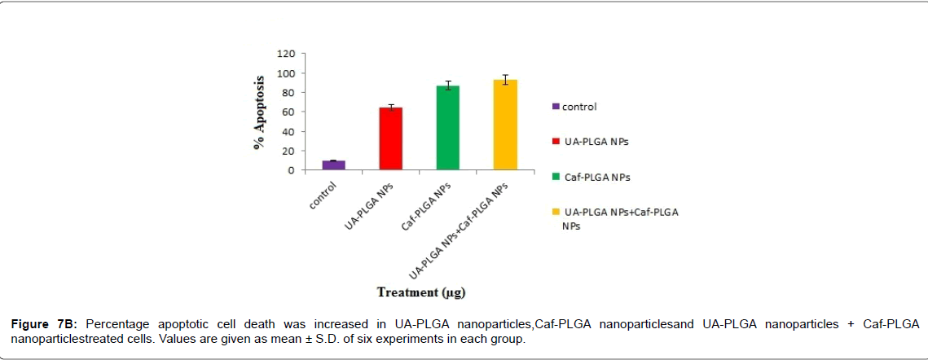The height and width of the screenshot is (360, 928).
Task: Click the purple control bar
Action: pos(333,165)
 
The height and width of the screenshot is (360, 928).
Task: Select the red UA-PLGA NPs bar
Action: pos(390,139)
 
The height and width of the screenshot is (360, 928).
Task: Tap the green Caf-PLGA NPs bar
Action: pos(447,128)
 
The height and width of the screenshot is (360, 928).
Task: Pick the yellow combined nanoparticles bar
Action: pos(505,125)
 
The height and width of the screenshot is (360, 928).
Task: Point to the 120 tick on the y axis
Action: pos(285,54)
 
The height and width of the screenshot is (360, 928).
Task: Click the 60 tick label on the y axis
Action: pos(288,112)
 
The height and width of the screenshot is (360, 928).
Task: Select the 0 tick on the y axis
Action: pos(291,170)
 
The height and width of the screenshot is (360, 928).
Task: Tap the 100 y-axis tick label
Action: pos(285,73)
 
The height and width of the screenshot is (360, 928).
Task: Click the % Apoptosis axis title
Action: pos(260,112)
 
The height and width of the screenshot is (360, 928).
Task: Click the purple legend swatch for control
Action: pos(556,106)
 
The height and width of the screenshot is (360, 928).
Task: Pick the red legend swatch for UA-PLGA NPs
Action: pos(556,141)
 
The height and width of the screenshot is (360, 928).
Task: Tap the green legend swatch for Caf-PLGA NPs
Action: pos(556,176)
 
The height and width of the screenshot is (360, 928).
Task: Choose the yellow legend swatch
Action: pos(556,212)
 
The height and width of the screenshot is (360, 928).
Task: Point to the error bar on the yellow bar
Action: pos(505,79)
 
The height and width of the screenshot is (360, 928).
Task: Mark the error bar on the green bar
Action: pos(447,86)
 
